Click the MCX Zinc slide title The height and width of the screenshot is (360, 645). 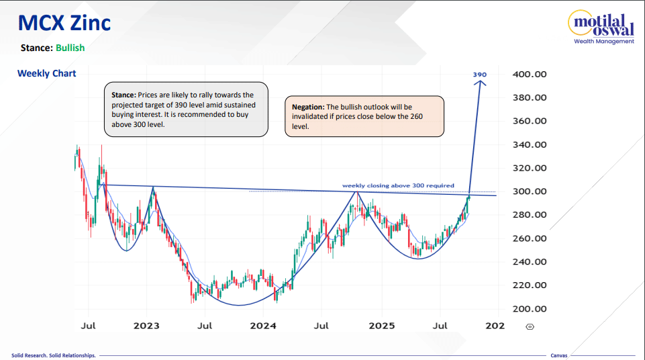tap(64, 24)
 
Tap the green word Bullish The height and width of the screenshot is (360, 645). tap(70, 48)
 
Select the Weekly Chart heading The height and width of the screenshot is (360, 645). tap(47, 73)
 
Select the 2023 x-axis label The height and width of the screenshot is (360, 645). tap(146, 326)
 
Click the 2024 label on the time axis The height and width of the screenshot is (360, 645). tap(263, 326)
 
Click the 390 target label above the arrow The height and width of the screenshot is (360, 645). tap(479, 74)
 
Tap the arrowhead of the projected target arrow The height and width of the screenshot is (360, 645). tap(479, 83)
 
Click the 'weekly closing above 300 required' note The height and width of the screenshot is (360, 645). tap(398, 185)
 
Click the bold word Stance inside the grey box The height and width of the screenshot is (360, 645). tap(123, 95)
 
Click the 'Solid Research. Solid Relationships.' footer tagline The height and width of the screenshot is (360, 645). tap(54, 355)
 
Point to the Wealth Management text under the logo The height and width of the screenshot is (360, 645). tap(603, 42)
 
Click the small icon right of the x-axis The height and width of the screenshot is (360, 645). tap(530, 326)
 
